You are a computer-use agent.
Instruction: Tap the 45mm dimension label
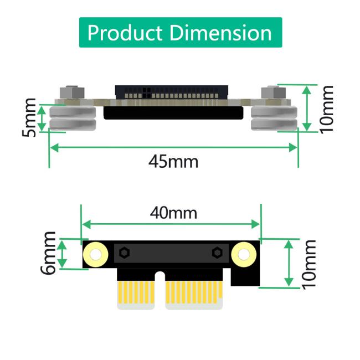click(x=173, y=162)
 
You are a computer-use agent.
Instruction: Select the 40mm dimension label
click(x=173, y=212)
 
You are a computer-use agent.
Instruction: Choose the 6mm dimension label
click(x=48, y=254)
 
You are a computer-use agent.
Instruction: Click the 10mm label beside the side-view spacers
click(x=326, y=109)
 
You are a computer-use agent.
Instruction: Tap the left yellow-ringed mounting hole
click(x=95, y=254)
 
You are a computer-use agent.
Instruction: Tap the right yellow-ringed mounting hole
click(x=243, y=254)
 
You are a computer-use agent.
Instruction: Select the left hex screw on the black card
click(x=124, y=253)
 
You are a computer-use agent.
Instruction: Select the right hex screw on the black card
click(x=217, y=253)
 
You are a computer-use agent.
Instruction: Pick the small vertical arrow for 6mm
click(x=63, y=254)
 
